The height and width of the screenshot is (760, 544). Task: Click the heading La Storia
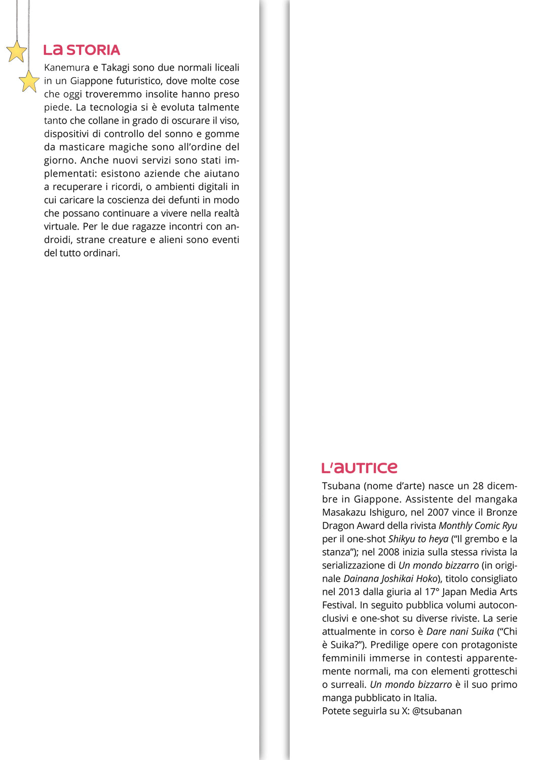pyautogui.click(x=82, y=50)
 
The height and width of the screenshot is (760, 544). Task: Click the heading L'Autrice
pyautogui.click(x=359, y=468)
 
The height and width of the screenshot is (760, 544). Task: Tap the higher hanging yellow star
pyautogui.click(x=17, y=52)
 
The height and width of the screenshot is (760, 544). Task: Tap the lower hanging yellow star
pyautogui.click(x=29, y=81)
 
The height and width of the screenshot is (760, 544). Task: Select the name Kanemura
pyautogui.click(x=66, y=68)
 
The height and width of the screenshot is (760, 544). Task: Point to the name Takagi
pyautogui.click(x=115, y=68)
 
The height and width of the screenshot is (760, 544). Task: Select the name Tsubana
pyautogui.click(x=341, y=486)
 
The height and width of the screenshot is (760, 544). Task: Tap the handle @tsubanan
pyautogui.click(x=437, y=711)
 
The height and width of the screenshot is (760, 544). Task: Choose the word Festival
pyautogui.click(x=339, y=605)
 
